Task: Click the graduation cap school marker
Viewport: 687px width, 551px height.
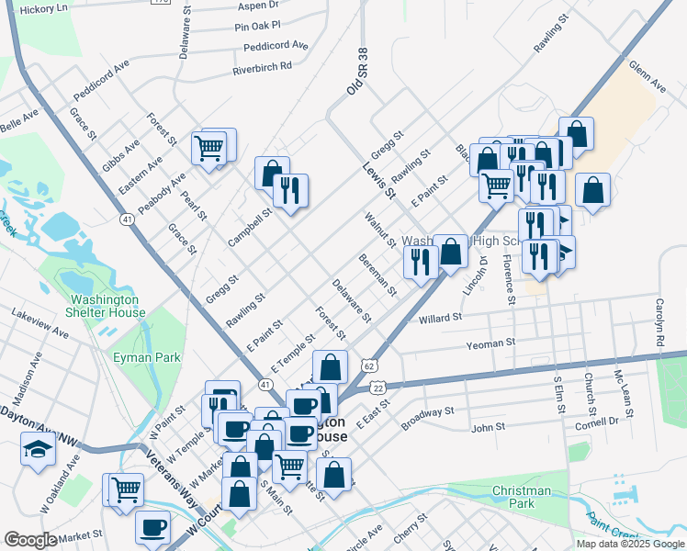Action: coord(38,449)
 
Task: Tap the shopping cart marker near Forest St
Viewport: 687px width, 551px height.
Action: coord(209,147)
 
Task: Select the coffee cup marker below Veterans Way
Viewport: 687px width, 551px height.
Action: coord(152,528)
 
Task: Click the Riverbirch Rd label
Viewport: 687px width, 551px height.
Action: coord(262,67)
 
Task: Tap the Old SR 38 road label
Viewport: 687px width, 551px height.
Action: coord(355,73)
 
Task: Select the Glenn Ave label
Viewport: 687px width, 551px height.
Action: coord(647,75)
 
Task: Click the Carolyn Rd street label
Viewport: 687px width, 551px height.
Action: coord(659,322)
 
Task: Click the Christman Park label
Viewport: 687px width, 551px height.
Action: coord(521,497)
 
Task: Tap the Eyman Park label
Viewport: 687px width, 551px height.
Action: coord(147,356)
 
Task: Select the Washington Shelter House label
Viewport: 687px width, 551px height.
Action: coord(107,306)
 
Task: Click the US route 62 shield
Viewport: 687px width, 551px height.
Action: coord(369,365)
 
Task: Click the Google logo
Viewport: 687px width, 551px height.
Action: coord(30,540)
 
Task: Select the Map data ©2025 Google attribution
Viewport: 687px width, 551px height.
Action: coord(629,544)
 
